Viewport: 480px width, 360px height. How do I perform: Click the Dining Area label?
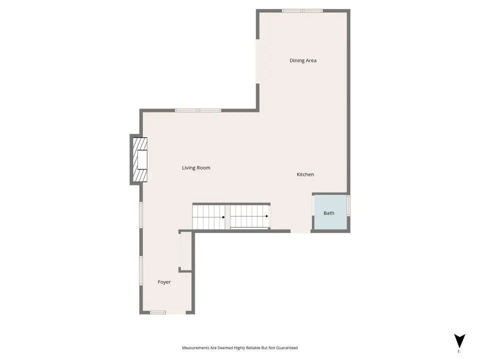pos(303,60)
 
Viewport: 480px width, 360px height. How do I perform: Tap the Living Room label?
pos(196,168)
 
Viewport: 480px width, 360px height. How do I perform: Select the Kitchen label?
pos(305,174)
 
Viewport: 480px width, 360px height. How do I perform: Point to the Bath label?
pos(329,213)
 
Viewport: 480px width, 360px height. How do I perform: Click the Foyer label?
pos(164,282)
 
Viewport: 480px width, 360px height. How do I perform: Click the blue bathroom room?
pos(330,212)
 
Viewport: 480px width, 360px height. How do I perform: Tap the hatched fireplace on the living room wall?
pos(140,159)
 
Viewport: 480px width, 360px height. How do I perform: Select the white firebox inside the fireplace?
pos(142,159)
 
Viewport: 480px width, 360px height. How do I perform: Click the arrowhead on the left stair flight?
pos(224,217)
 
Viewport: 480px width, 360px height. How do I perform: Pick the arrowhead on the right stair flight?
pos(267,216)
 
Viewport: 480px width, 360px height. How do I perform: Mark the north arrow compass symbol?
pos(459,340)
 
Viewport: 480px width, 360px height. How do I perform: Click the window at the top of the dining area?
pos(302,11)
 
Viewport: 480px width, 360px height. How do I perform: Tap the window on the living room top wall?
pos(198,110)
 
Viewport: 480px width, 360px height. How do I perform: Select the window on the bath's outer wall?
pos(348,205)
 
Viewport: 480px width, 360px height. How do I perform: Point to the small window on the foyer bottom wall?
pos(157,312)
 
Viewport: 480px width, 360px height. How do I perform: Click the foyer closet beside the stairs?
pos(186,251)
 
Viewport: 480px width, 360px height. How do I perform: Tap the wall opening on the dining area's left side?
pos(258,61)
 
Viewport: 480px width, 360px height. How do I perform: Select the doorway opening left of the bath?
pos(300,231)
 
